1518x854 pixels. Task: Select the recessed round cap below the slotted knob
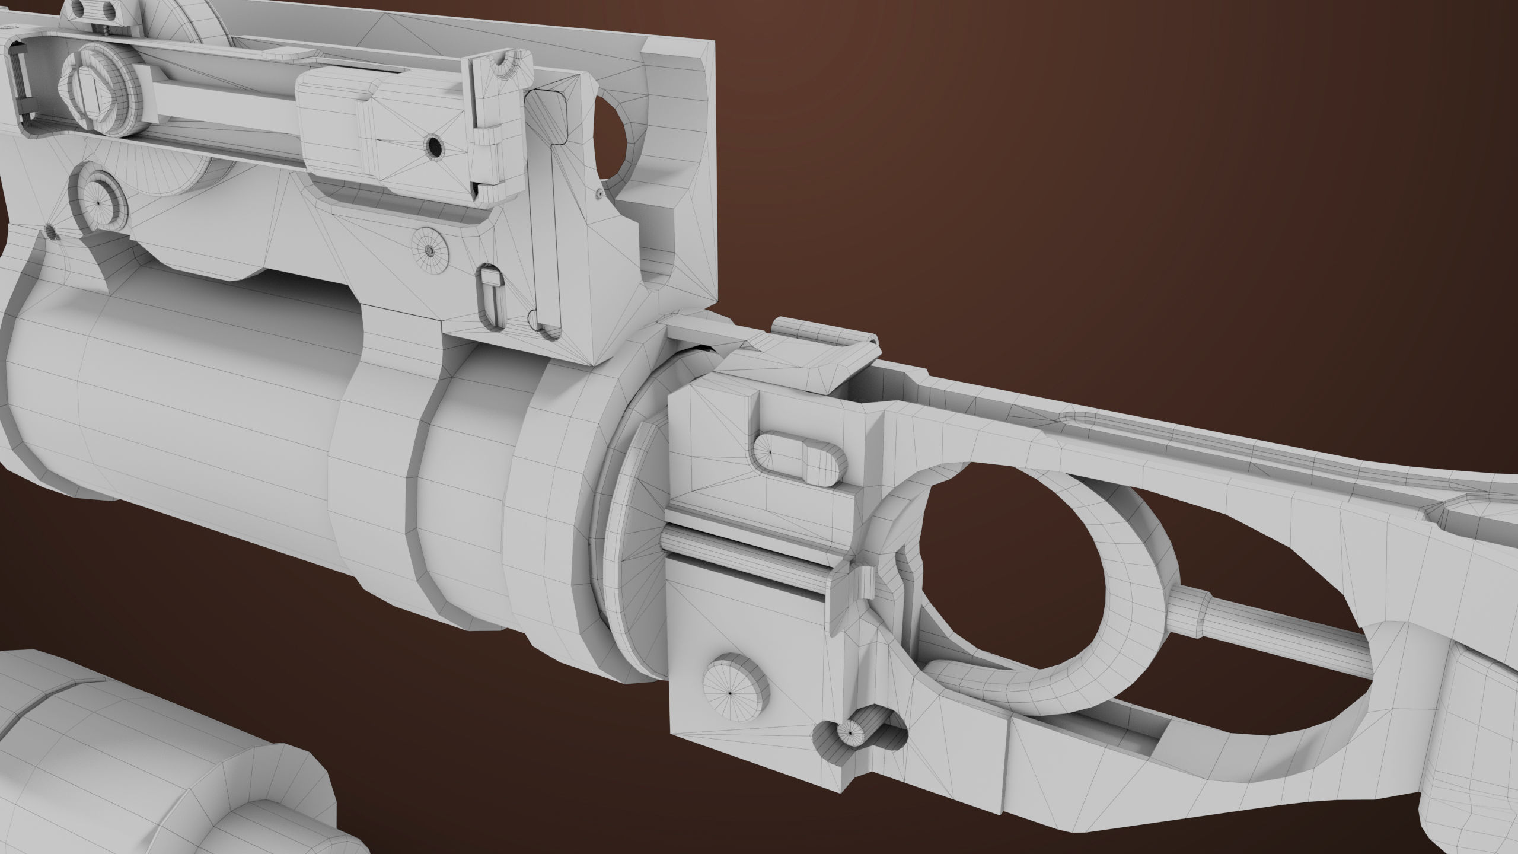pyautogui.click(x=99, y=200)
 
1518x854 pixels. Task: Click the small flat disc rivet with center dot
pyautogui.click(x=428, y=250)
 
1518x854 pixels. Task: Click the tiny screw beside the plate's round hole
pyautogui.click(x=599, y=192)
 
